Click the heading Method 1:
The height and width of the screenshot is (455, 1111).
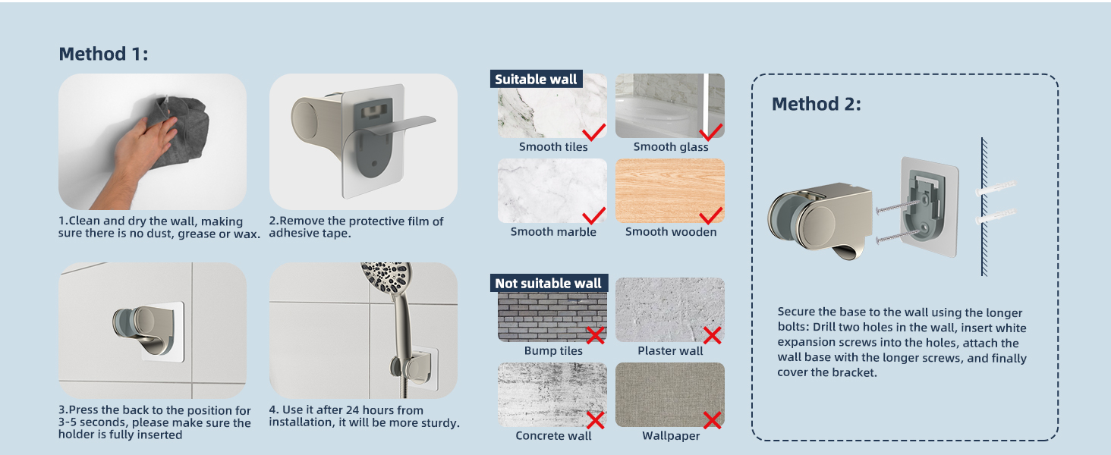[103, 54]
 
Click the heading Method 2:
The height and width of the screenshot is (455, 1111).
[817, 104]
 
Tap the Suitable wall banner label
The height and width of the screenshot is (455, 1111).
[536, 80]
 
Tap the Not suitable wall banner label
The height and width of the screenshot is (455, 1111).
[548, 284]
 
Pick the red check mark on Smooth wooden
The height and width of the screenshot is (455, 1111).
[710, 215]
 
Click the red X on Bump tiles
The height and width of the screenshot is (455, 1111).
[595, 335]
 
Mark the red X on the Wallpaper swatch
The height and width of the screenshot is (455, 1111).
[712, 419]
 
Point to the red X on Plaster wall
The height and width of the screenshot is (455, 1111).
[712, 335]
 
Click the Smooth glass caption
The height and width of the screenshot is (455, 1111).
[671, 147]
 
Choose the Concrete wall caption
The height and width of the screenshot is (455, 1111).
[553, 436]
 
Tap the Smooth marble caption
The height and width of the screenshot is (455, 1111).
[553, 232]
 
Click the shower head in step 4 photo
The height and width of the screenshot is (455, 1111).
[387, 284]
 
